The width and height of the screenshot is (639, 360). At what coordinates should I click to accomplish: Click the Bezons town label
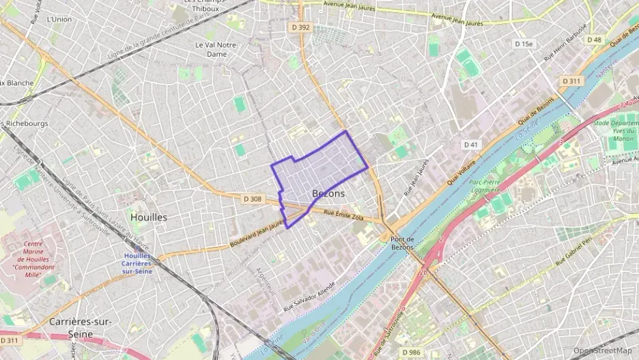(328, 193)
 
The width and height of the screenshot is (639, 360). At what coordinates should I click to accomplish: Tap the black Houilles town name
(148, 217)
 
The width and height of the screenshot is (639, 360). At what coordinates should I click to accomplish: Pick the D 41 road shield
(470, 144)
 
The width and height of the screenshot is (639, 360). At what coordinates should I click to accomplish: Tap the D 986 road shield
(411, 352)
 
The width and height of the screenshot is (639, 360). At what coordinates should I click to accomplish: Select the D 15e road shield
(524, 44)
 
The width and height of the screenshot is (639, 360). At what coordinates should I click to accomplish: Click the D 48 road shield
(594, 40)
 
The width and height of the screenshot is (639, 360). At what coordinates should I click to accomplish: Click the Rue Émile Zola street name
(343, 217)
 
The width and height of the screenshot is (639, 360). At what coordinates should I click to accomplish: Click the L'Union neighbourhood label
(59, 19)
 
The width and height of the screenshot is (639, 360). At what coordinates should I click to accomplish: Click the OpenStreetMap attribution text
(603, 350)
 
